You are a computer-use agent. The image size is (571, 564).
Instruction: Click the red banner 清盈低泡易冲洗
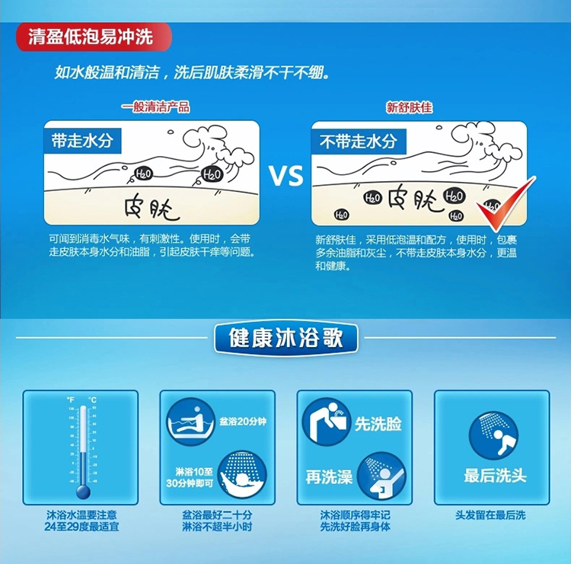tap(94, 37)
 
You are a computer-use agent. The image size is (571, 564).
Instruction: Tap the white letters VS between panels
tap(286, 176)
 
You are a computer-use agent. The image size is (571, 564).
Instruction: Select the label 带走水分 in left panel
tap(82, 141)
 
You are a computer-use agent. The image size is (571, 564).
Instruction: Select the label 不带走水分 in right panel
tap(359, 142)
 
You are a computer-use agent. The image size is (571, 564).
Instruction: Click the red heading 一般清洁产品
tap(155, 107)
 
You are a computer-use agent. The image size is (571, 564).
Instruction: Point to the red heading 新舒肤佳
tap(410, 108)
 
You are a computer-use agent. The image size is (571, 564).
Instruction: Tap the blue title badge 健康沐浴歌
tap(285, 338)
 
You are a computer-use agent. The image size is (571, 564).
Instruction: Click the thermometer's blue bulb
tap(84, 492)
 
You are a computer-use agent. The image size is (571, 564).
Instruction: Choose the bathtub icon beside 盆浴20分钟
tap(191, 422)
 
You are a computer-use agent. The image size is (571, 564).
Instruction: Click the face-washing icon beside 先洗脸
tap(327, 422)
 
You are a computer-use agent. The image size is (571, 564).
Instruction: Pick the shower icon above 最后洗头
tap(493, 435)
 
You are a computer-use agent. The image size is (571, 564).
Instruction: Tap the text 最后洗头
tap(496, 476)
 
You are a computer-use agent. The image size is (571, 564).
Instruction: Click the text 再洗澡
tap(329, 476)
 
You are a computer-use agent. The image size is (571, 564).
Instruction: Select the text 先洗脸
tap(378, 424)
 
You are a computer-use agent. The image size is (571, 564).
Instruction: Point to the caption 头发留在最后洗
tap(490, 515)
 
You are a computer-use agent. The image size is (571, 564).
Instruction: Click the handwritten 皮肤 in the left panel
tap(152, 209)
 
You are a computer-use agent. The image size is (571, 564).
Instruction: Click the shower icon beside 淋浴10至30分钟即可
tap(242, 475)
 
